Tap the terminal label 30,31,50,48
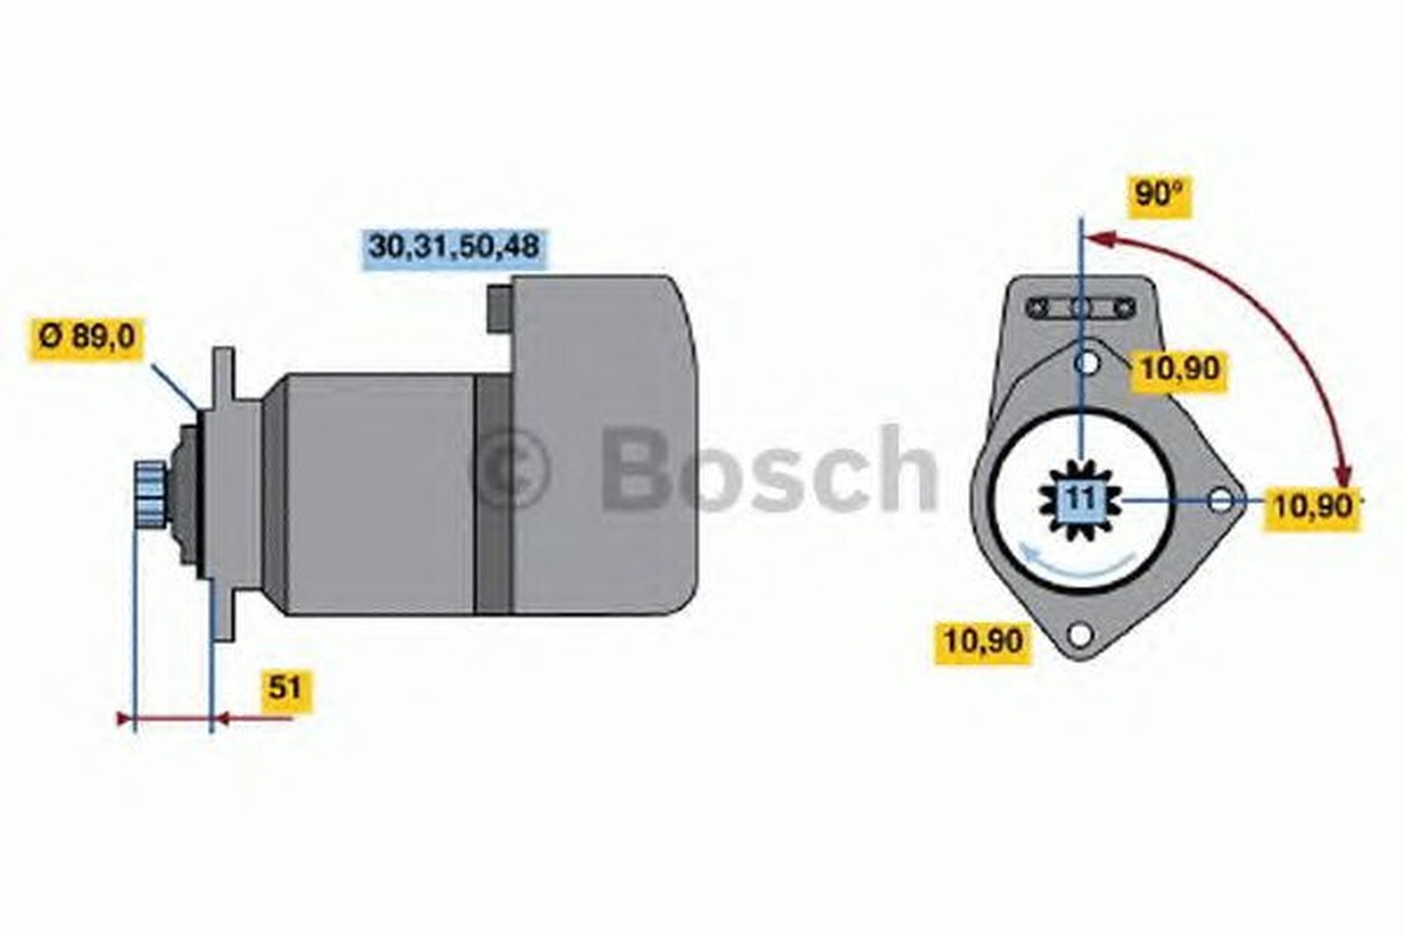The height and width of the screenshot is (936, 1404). pos(454,246)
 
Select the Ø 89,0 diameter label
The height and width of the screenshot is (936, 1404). pos(86,338)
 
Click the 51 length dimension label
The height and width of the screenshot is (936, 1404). pos(286,688)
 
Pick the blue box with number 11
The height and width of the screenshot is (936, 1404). pos(1080,499)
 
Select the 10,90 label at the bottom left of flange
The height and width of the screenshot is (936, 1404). pos(983,640)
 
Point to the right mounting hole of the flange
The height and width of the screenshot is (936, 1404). pos(1220,500)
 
